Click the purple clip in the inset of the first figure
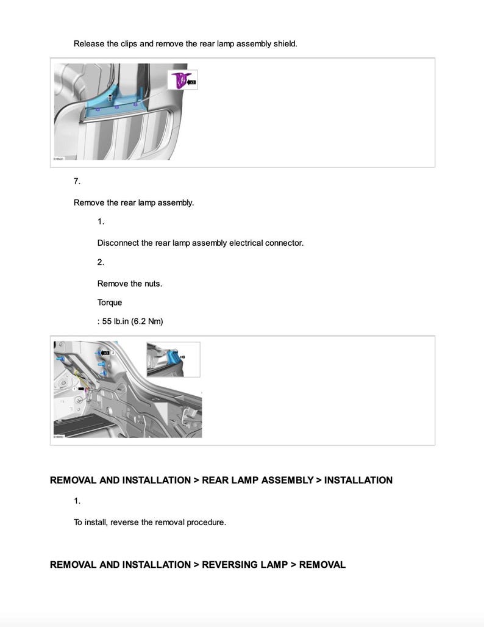(180, 81)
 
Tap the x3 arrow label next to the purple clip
(191, 81)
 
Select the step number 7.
(77, 181)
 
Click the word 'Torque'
(110, 303)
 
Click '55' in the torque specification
(107, 321)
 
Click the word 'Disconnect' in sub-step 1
(118, 243)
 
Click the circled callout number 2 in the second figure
(113, 353)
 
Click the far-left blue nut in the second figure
(59, 359)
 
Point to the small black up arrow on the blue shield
(110, 98)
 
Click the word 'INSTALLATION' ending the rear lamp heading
(358, 480)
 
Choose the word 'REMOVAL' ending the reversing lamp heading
(322, 565)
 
